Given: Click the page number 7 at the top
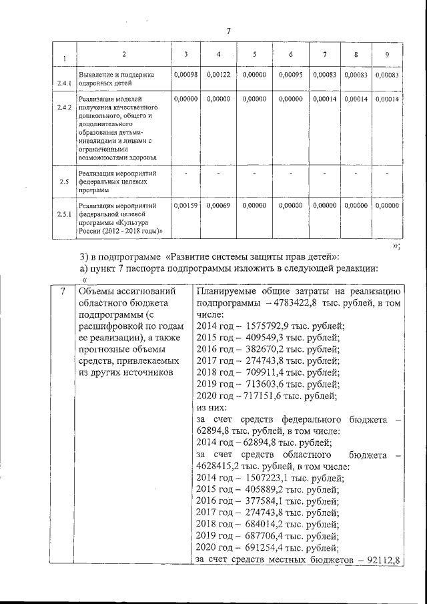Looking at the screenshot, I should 228,31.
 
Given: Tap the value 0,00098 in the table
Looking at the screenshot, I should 185,75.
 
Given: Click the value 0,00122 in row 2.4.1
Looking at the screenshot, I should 218,75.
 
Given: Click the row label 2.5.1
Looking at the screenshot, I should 64,214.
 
